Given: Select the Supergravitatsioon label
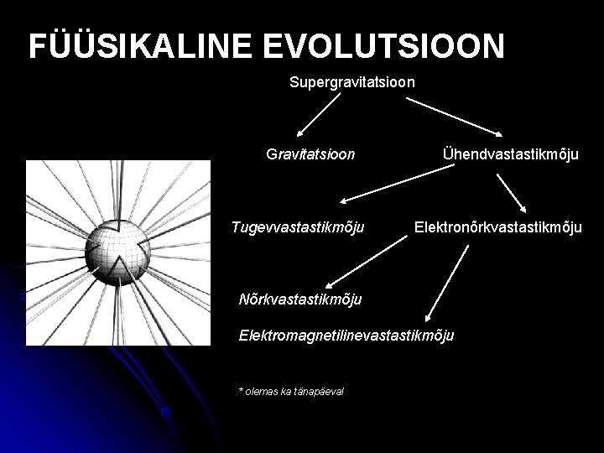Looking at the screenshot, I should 352,83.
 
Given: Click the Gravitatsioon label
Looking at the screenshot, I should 310,154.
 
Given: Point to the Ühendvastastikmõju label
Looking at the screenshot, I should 510,154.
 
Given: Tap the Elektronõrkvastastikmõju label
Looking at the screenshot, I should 497,226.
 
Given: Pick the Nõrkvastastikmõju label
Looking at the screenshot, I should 299,299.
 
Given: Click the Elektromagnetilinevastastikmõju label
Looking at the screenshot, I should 346,336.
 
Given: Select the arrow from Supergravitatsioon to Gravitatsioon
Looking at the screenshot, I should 319,115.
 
